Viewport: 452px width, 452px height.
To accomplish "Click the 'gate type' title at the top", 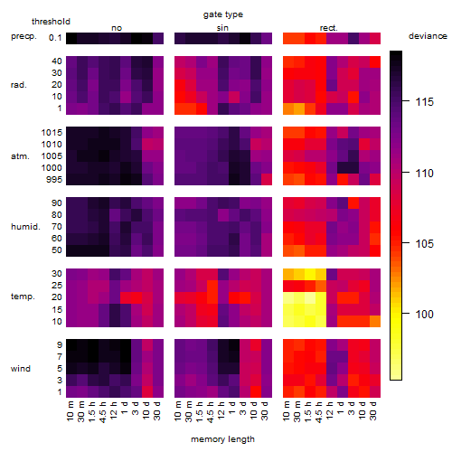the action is point(223,14).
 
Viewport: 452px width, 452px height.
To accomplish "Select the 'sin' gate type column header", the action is point(222,28).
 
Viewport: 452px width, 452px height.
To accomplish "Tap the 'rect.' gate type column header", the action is point(329,28).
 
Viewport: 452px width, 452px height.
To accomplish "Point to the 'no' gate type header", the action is point(117,28).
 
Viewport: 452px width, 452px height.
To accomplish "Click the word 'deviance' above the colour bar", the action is point(428,36).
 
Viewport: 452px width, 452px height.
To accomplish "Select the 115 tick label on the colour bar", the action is point(425,102).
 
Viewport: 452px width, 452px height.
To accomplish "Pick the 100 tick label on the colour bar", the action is point(425,315).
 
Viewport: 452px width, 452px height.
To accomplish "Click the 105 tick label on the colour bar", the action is point(425,244).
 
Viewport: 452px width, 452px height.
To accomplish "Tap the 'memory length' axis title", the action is point(223,439).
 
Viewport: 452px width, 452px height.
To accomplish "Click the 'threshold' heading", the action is point(51,22).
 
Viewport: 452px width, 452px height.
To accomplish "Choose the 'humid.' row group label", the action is point(25,227).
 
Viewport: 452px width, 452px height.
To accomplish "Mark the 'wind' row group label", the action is point(21,369).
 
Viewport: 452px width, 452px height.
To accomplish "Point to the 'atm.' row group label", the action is point(20,156).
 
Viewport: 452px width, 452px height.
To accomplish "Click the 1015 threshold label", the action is point(52,133).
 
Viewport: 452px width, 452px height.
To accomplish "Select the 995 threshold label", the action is point(54,180).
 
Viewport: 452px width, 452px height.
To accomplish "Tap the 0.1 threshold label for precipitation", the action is point(55,38).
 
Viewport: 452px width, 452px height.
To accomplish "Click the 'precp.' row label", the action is point(24,36).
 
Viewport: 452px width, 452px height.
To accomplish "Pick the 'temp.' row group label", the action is point(23,297).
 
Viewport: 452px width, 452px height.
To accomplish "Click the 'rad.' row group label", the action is point(19,85).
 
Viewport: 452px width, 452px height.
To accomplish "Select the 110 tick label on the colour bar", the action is point(425,174).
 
